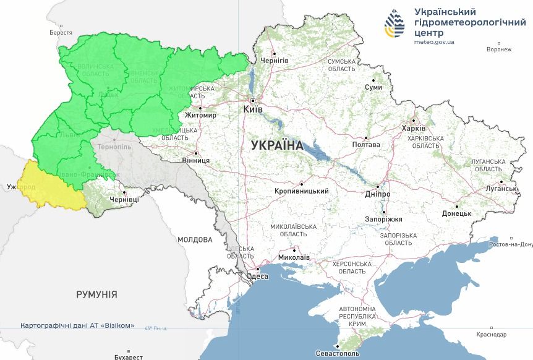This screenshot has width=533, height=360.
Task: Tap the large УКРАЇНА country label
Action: [277, 146]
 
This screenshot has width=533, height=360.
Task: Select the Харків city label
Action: [414, 128]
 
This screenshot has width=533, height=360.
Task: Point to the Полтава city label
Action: [365, 145]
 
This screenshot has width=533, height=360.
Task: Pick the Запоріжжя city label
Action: [383, 219]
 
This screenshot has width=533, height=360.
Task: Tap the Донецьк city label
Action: [456, 213]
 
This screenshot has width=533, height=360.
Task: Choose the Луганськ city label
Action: [501, 188]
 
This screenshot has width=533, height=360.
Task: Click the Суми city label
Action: [373, 87]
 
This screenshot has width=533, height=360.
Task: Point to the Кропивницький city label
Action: [302, 191]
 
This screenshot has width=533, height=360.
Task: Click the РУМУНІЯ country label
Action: [96, 294]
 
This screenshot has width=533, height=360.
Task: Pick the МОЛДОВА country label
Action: [195, 239]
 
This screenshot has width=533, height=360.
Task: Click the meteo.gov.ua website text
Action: [435, 42]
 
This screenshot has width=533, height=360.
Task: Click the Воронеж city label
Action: [499, 49]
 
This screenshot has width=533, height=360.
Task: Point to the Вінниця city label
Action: [196, 160]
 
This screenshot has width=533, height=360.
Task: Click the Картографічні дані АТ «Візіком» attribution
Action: [77, 325]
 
